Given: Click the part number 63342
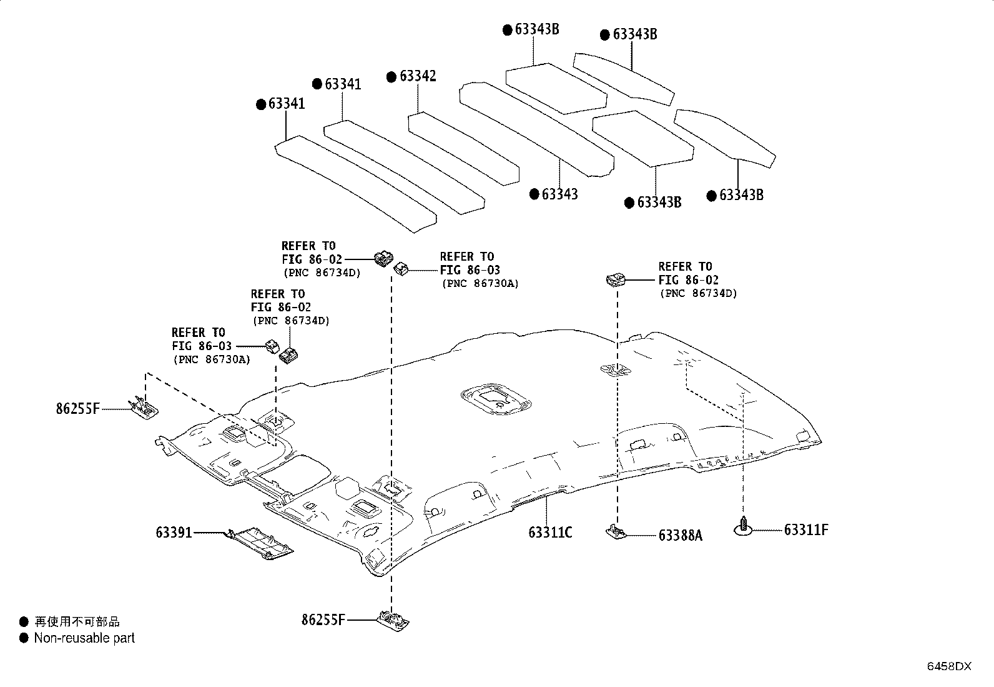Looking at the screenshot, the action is [418, 76].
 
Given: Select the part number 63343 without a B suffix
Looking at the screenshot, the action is [559, 194].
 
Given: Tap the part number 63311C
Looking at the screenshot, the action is [550, 532].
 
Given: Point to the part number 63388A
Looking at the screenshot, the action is [681, 536].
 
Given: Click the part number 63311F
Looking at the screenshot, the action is [806, 529].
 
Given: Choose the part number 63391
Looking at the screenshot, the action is [174, 533].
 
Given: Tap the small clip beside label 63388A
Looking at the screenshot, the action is [616, 531].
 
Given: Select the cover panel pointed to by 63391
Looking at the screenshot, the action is [261, 543].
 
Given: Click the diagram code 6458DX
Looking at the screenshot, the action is [949, 666].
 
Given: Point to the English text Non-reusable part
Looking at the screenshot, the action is [84, 638].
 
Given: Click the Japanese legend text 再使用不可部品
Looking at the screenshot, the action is [77, 621].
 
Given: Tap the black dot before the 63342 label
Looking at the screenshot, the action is [391, 78].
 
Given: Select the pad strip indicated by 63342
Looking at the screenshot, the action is [464, 149].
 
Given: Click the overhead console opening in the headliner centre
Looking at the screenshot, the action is [496, 399].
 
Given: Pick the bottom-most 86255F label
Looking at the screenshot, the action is [323, 619].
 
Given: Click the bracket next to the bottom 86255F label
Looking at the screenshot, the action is [393, 620].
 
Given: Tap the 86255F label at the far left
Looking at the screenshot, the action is [77, 408].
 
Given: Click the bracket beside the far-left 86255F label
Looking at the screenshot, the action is [144, 407].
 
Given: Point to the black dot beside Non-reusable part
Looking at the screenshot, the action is [24, 638].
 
